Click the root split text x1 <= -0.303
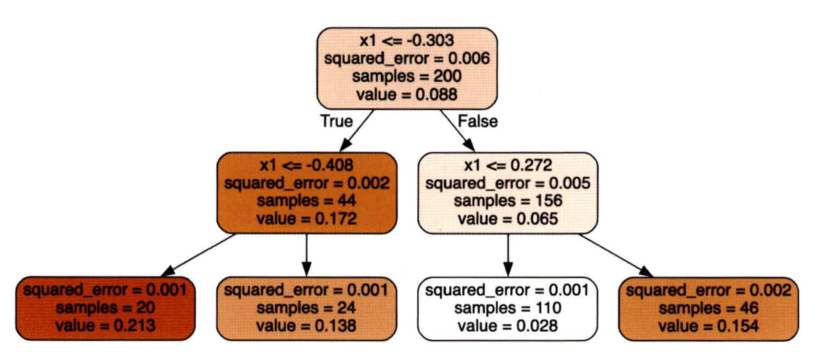coord(407,40)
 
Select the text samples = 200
coord(407,76)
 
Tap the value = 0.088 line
coord(407,94)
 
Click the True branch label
coord(336,121)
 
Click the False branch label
coord(477,121)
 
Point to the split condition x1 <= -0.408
coord(306,165)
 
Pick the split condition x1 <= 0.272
coord(508,165)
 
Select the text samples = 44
coord(306,201)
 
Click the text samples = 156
coord(508,201)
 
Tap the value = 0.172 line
coord(306,219)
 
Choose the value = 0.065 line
coord(508,219)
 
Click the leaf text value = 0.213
coord(105,326)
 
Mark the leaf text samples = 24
coord(306,308)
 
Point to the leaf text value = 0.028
coord(508,326)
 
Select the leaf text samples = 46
coord(708,308)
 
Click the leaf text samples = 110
coord(508,308)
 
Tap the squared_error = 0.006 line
coord(407,58)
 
